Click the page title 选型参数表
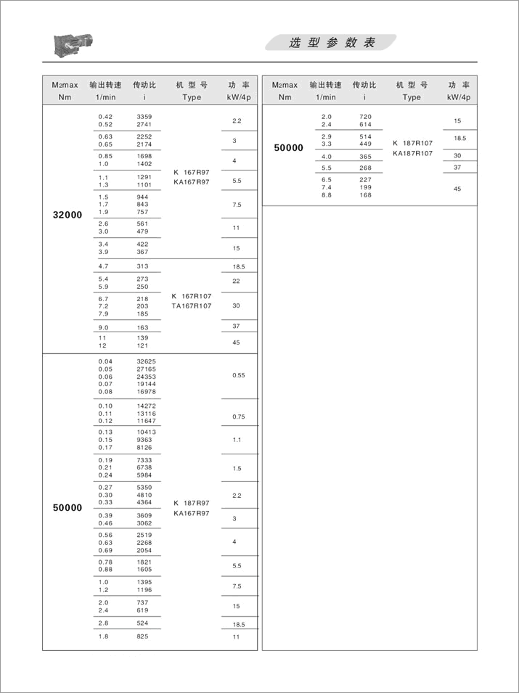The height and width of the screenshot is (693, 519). click(x=332, y=43)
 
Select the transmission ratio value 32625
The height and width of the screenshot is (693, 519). click(x=147, y=361)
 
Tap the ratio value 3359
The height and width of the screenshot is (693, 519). click(x=144, y=117)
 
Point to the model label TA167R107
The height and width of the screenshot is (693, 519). click(x=192, y=306)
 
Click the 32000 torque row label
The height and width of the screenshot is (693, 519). click(x=68, y=215)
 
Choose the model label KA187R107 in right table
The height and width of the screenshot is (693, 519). click(x=412, y=153)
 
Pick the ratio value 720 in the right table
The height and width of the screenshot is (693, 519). click(x=365, y=117)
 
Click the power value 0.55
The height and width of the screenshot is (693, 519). click(x=239, y=375)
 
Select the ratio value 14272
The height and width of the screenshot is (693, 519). click(x=147, y=405)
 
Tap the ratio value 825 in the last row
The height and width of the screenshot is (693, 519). click(x=142, y=636)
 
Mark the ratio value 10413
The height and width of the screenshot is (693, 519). click(x=147, y=432)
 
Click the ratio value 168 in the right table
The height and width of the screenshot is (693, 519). click(x=365, y=194)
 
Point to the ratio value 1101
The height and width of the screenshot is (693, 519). click(x=144, y=184)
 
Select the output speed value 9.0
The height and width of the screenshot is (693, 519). click(x=103, y=327)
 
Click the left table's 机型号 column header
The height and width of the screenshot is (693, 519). click(x=192, y=85)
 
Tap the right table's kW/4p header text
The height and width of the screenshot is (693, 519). click(x=459, y=97)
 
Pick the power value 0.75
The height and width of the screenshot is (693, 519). click(x=239, y=417)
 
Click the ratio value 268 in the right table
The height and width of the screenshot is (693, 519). click(x=365, y=168)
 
